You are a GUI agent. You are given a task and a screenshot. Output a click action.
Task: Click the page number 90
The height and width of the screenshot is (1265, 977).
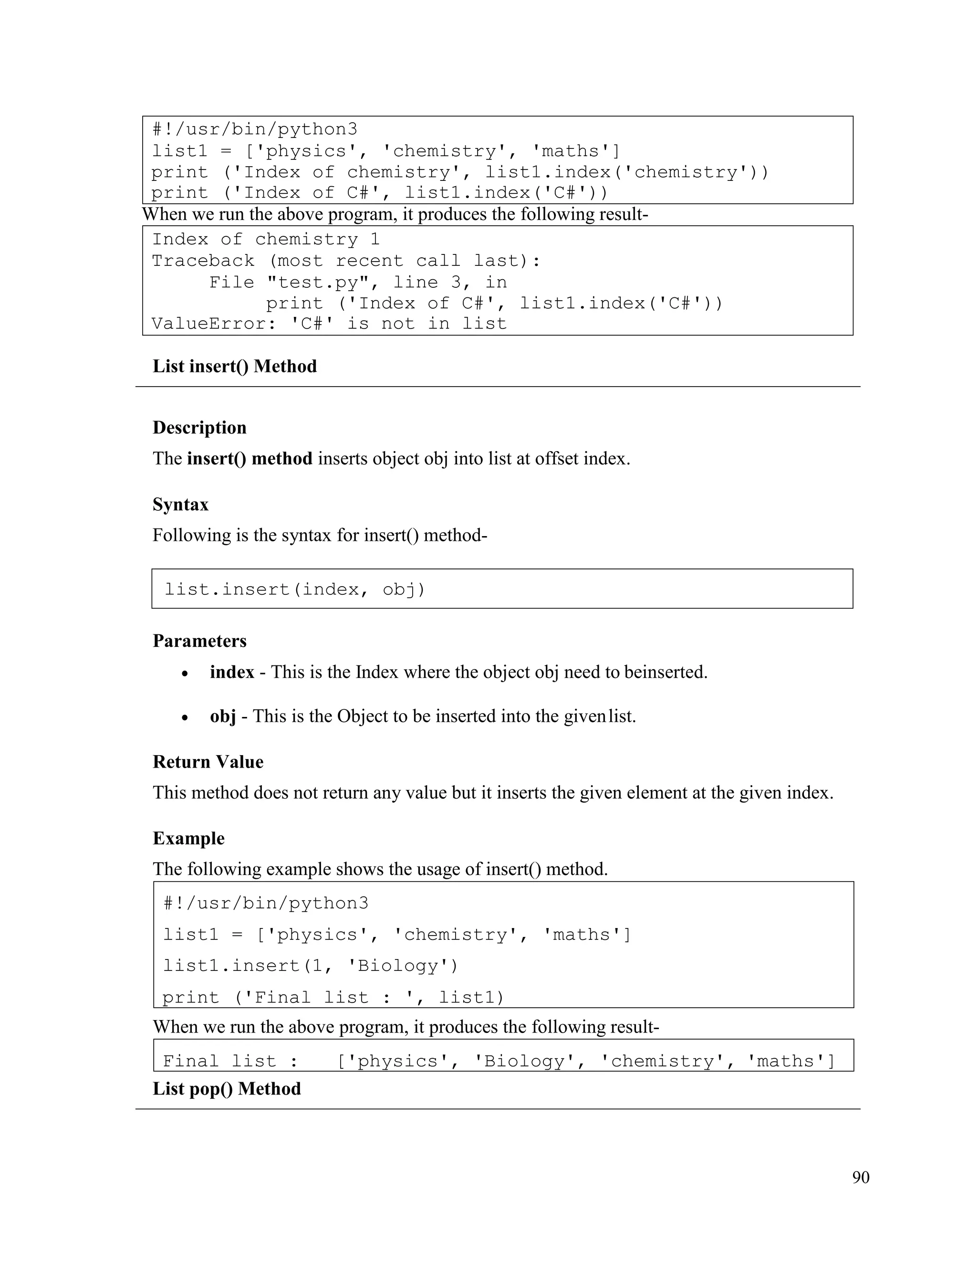860,1177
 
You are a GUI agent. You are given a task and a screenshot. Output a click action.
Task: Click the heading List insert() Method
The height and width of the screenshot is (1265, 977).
234,367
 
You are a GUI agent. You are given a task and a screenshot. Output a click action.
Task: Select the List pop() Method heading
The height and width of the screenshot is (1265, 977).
226,1088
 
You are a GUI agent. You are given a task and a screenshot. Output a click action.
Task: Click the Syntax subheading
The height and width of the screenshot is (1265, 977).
180,505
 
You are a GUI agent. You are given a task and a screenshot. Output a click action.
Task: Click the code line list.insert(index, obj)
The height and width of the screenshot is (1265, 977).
295,589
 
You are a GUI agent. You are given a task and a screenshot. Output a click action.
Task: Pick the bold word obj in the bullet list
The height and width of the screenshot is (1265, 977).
223,717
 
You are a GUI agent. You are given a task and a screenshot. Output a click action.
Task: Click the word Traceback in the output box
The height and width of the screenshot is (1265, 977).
203,261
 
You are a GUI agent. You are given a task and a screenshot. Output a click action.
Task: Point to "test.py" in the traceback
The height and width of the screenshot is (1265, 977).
316,282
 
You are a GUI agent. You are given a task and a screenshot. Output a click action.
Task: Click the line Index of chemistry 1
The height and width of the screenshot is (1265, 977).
266,239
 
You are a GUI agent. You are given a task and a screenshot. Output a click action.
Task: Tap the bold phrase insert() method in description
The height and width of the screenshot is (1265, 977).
249,459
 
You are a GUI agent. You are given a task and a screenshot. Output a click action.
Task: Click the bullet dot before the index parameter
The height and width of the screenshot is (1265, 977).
185,674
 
